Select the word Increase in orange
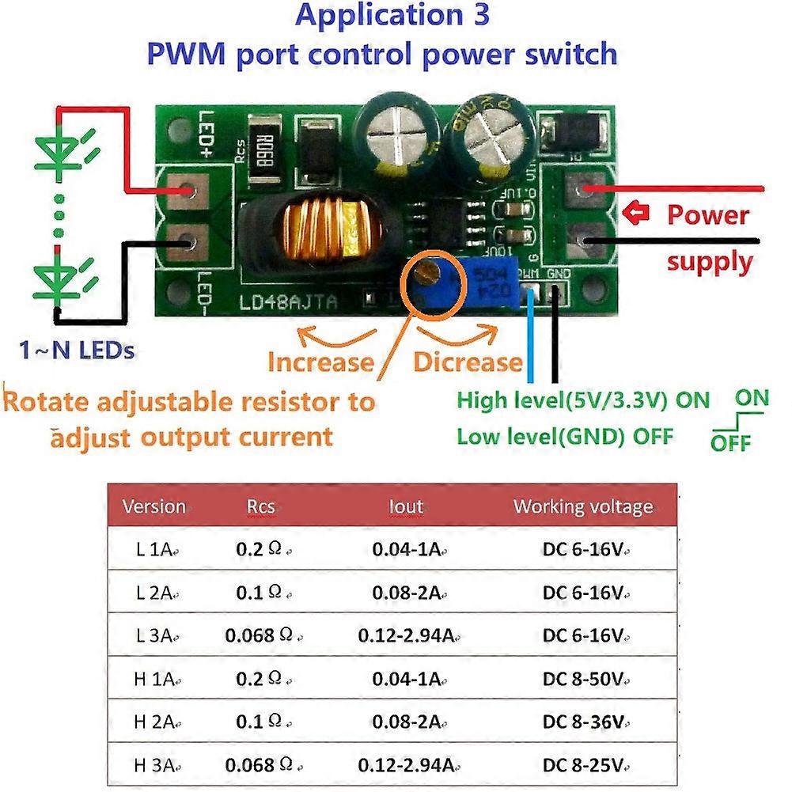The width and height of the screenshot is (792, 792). [x=320, y=362]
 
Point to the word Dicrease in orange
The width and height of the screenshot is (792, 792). [x=468, y=362]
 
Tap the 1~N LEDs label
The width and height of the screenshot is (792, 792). [x=76, y=349]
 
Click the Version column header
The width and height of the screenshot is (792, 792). [x=154, y=506]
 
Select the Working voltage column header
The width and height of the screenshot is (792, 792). [x=583, y=506]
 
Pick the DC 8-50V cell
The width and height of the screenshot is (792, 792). [x=585, y=678]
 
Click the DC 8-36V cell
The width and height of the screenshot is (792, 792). [x=585, y=722]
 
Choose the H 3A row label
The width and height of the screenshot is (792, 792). [x=154, y=764]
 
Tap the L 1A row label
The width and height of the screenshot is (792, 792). [x=154, y=549]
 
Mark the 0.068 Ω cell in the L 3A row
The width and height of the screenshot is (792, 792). [x=262, y=635]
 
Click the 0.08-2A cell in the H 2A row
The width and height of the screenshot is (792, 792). [x=406, y=722]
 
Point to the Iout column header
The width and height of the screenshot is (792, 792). [x=406, y=506]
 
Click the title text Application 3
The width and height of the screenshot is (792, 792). [x=392, y=16]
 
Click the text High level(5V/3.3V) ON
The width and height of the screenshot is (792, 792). [x=583, y=400]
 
